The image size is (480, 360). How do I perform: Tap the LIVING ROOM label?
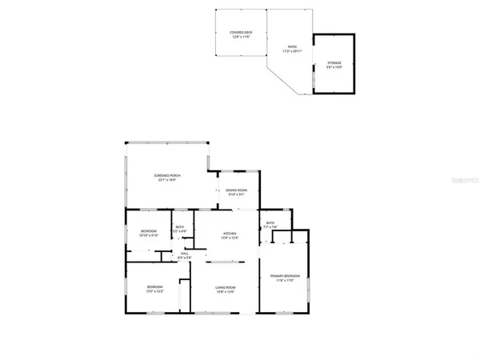(225, 287)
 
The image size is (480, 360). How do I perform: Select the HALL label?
(184, 254)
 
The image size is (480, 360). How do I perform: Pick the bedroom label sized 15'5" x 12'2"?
(154, 286)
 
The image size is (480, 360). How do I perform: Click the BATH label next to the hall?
(180, 227)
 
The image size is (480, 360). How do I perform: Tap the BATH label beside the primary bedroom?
(270, 223)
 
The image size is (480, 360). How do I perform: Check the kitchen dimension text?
(229, 238)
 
